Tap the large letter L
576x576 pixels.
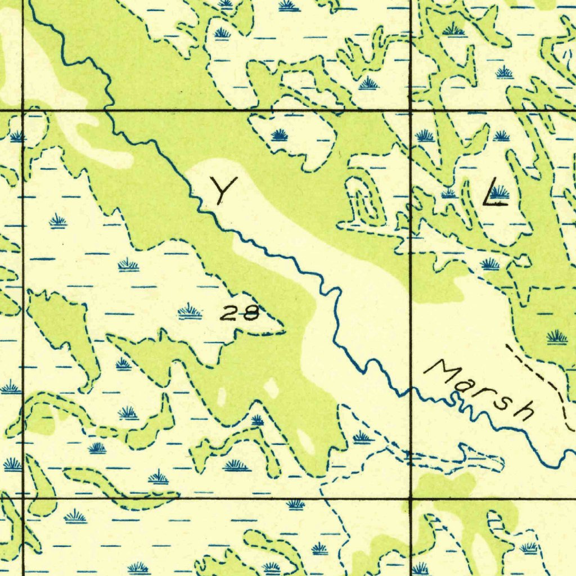pyautogui.click(x=494, y=192)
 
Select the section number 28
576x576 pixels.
pyautogui.click(x=240, y=313)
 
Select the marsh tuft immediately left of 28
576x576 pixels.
pyautogui.click(x=190, y=311)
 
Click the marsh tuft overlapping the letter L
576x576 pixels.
pyautogui.click(x=499, y=193)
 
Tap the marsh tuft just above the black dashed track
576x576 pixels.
pyautogui.click(x=556, y=337)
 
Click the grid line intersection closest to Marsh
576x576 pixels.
pyautogui.click(x=411, y=498)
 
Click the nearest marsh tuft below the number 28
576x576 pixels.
pyautogui.click(x=256, y=420)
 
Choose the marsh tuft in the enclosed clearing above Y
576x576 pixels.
pyautogui.click(x=280, y=135)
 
